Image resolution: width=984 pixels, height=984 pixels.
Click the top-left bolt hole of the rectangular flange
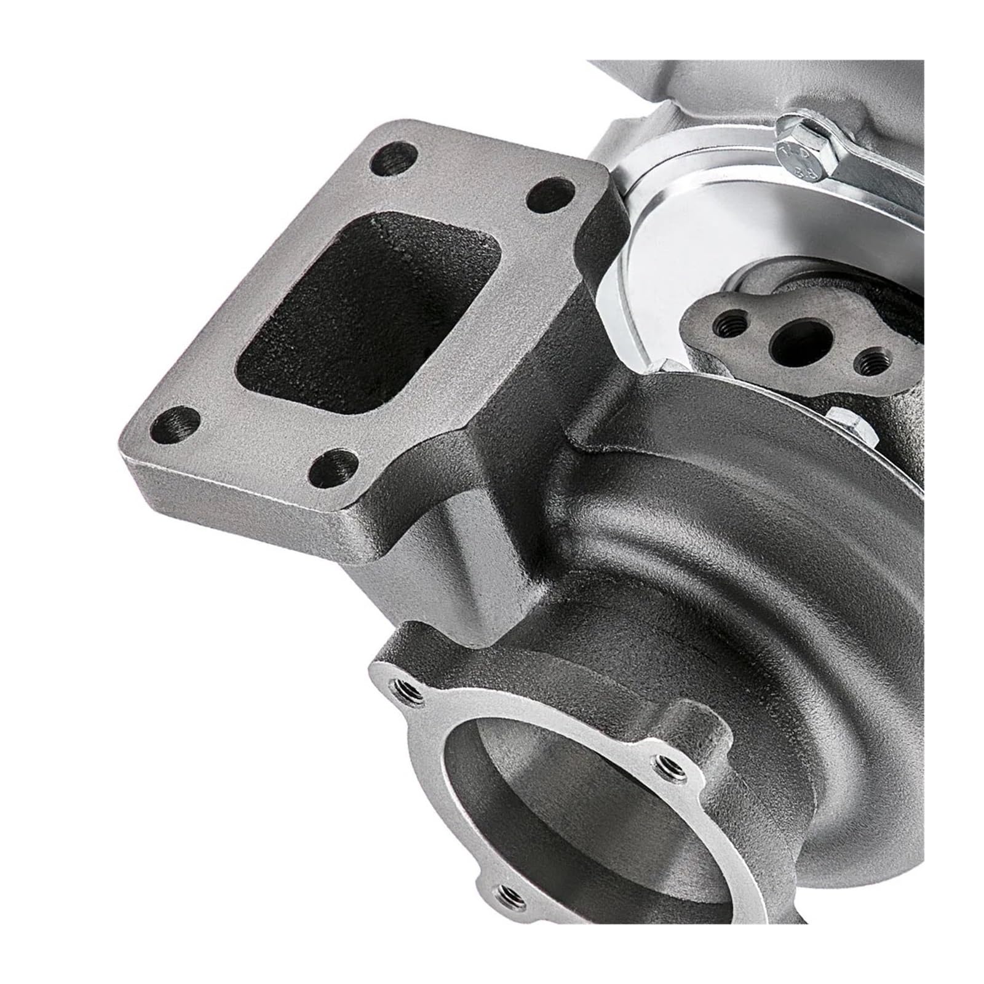point(392,157)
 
